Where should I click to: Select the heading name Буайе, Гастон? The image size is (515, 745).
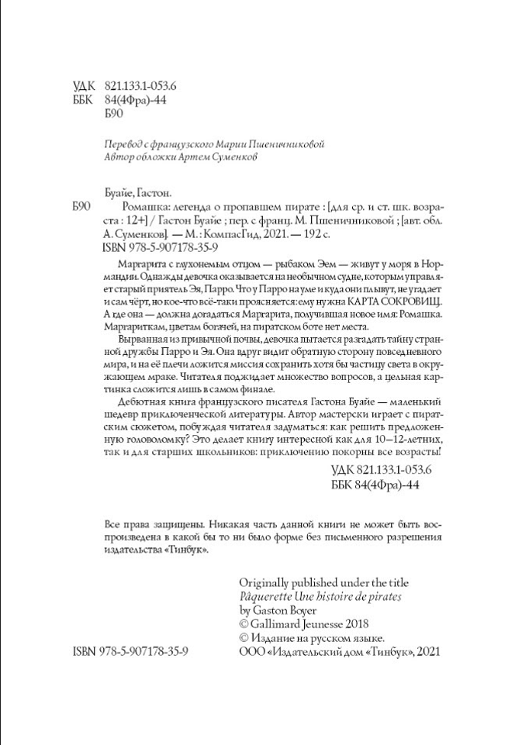138,194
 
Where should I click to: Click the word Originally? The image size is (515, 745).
264,582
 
